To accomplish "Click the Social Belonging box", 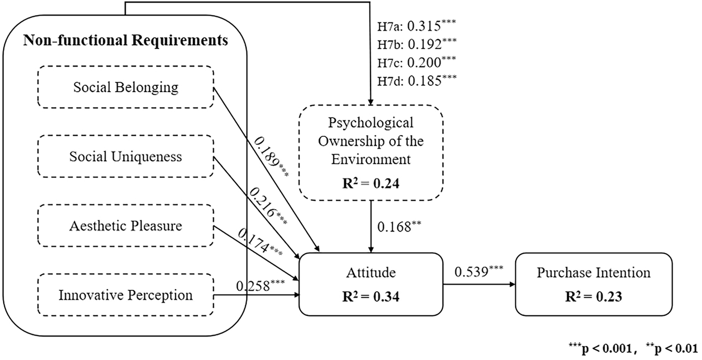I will (125, 87).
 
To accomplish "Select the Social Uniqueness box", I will (125, 157).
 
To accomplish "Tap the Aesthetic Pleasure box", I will (125, 226).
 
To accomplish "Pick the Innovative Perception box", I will (125, 295).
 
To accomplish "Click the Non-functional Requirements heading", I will (125, 40).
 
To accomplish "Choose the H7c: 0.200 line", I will (413, 61).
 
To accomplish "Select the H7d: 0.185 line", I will (413, 80).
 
